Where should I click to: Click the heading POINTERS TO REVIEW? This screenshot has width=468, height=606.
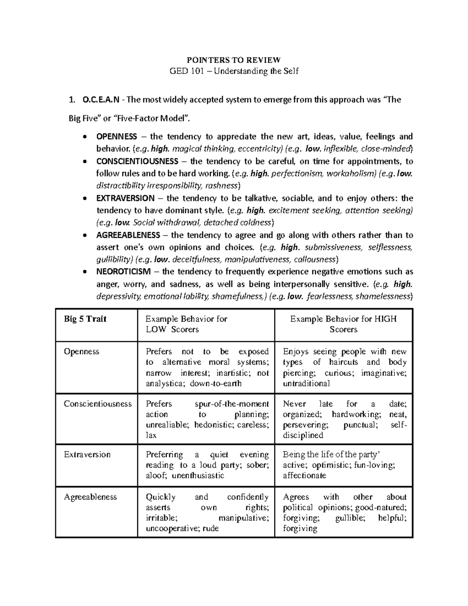point(234,60)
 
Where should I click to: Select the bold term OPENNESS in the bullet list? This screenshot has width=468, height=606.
point(117,137)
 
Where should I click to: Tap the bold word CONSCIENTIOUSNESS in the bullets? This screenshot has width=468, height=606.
point(137,161)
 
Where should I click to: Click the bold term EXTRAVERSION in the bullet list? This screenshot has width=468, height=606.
point(125,198)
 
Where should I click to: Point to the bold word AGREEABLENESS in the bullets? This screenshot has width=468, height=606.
point(128,235)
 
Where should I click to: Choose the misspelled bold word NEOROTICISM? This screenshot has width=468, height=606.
point(124,272)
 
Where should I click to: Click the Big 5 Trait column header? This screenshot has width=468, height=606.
point(85,319)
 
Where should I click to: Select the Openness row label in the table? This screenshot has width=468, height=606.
point(82,351)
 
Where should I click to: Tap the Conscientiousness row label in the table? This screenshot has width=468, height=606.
point(97,404)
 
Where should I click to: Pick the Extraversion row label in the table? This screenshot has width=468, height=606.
point(87,455)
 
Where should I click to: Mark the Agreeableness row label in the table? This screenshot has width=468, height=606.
point(90,497)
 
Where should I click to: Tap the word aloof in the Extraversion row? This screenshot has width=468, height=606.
point(156,476)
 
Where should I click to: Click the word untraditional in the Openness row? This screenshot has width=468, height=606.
point(306,383)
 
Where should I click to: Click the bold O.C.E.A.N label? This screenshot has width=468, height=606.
point(99,100)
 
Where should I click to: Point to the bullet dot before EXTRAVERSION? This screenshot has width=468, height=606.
point(85,199)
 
